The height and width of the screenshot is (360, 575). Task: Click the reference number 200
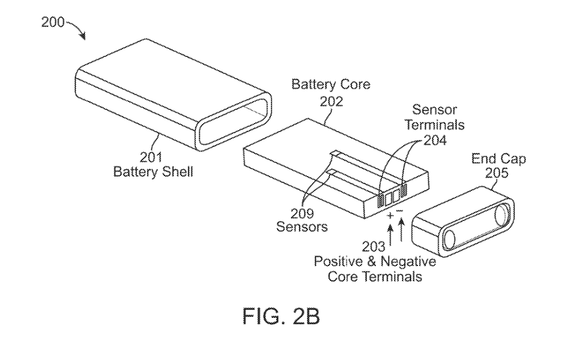53,23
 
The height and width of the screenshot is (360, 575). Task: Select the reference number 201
151,157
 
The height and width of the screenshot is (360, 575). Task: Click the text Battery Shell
153,171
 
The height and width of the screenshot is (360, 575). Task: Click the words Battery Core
331,85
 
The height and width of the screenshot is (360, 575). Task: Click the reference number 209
302,214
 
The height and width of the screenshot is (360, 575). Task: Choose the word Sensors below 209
302,227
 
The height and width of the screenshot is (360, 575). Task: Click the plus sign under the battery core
390,216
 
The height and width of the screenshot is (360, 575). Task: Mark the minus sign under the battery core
400,212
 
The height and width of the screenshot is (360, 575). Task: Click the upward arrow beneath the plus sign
391,236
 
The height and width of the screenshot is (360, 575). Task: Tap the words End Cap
499,159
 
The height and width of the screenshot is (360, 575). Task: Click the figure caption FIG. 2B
281,317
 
